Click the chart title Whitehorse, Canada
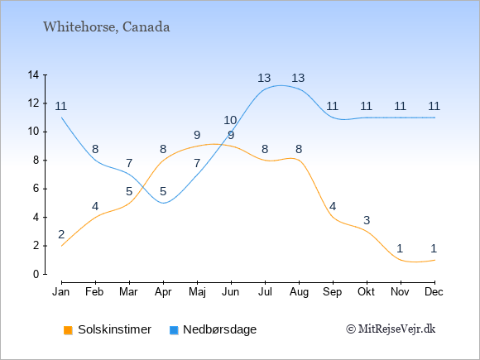point(106,27)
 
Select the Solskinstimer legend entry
point(114,329)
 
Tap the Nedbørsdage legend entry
point(219,329)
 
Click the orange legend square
point(68,330)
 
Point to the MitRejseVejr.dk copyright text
point(391,329)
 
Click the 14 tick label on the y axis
point(33,74)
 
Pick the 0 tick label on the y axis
point(36,274)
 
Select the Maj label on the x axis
point(197,292)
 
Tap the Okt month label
point(366,292)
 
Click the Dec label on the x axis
point(434,292)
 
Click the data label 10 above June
point(230,120)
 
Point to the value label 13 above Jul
point(264,78)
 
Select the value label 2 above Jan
point(61,234)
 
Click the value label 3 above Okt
point(367,220)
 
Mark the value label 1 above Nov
point(400,248)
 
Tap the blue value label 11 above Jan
point(61,106)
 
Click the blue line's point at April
point(164,203)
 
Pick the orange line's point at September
point(333,218)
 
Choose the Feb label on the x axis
point(94,292)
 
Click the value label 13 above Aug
point(298,78)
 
